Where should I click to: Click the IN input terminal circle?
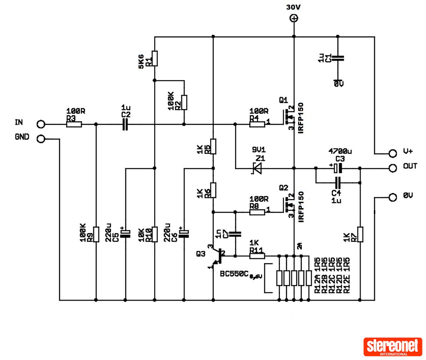coord(41,124)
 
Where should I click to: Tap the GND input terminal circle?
coord(41,139)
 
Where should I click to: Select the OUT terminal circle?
coord(393,168)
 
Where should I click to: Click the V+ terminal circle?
coord(393,153)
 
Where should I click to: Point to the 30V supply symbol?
coord(294,18)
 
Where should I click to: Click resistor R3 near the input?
coord(74,125)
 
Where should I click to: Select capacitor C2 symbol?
coord(125,125)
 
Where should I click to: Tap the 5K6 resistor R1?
coord(155,59)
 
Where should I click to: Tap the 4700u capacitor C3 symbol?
coord(338,168)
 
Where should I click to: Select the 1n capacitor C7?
coord(235,234)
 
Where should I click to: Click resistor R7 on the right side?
coord(360,234)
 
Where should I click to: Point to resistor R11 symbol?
coord(257,256)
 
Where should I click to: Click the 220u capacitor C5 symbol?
coord(125,234)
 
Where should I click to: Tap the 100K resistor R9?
coord(96,234)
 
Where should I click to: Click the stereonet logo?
coord(392,347)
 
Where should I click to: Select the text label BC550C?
coord(234,274)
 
